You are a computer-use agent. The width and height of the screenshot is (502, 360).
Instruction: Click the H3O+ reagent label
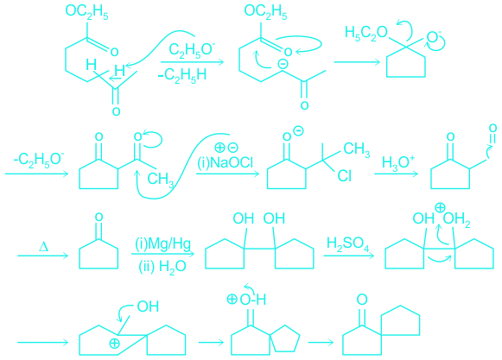[398, 162]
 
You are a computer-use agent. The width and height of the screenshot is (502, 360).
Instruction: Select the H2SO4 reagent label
[347, 243]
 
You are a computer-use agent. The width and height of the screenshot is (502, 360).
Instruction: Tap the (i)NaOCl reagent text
[225, 162]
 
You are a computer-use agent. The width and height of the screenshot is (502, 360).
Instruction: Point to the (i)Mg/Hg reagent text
[163, 243]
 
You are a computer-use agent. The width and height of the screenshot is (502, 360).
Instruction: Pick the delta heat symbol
[43, 247]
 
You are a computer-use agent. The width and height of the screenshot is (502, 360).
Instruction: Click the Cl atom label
[345, 175]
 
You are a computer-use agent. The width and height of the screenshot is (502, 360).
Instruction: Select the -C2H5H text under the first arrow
[181, 75]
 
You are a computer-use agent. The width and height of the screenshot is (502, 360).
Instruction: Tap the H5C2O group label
[366, 33]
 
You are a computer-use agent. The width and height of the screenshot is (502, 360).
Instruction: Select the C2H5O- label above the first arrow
[192, 50]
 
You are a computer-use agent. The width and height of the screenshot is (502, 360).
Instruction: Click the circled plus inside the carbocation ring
[115, 344]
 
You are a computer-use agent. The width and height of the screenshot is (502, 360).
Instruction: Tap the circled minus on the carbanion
[283, 64]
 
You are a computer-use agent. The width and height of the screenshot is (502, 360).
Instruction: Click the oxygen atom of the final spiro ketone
[362, 300]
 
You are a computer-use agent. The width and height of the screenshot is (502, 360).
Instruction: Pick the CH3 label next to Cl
[357, 149]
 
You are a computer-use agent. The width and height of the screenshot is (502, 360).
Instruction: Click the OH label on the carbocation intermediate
[148, 306]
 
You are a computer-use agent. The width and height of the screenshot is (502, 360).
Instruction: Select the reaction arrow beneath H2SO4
[349, 256]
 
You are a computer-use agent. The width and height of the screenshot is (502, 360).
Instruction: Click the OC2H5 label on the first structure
[86, 12]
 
